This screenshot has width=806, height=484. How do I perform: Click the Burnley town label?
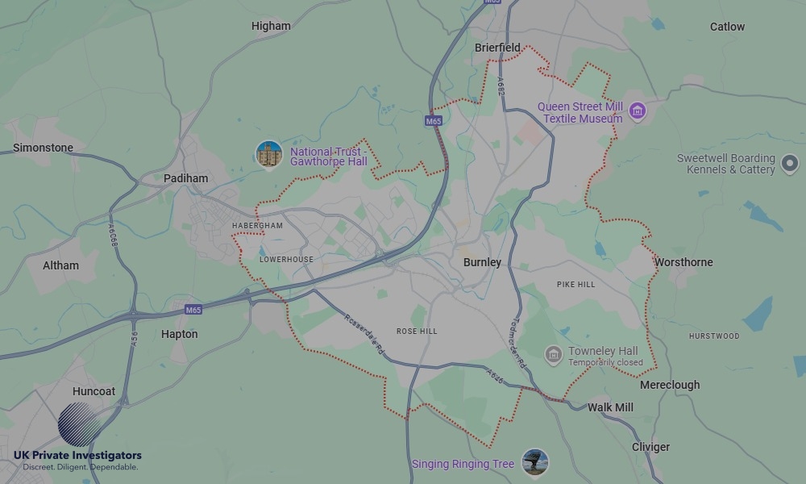pyautogui.click(x=482, y=262)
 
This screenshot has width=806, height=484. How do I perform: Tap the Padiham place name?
pyautogui.click(x=185, y=178)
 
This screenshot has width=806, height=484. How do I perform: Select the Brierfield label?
pyautogui.click(x=497, y=48)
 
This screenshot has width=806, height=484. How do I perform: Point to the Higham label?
pyautogui.click(x=271, y=26)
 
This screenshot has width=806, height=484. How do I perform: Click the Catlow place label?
pyautogui.click(x=727, y=27)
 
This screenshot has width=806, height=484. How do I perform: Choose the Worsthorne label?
pyautogui.click(x=683, y=262)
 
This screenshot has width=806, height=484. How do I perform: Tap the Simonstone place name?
pyautogui.click(x=43, y=148)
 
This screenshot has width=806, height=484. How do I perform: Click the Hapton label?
pyautogui.click(x=179, y=334)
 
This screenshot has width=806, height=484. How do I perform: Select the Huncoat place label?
pyautogui.click(x=93, y=391)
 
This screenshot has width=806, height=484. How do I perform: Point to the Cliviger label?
pyautogui.click(x=650, y=447)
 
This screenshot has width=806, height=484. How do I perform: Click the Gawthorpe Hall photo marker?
pyautogui.click(x=268, y=154)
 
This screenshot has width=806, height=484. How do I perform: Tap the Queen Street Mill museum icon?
pyautogui.click(x=638, y=111)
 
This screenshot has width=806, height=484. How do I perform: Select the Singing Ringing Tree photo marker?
pyautogui.click(x=534, y=462)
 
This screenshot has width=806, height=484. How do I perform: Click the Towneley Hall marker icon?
pyautogui.click(x=553, y=355)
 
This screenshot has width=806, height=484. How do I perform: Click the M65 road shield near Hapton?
pyautogui.click(x=193, y=310)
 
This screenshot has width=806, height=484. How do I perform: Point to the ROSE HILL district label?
pyautogui.click(x=417, y=332)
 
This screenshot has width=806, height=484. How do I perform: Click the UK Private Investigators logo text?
pyautogui.click(x=77, y=456)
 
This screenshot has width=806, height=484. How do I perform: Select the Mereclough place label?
pyautogui.click(x=670, y=385)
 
